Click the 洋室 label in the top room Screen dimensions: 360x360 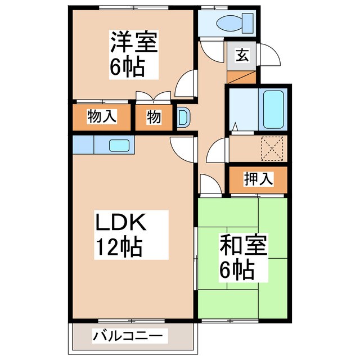[x=133, y=43]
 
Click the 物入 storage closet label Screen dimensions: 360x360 [x=101, y=117]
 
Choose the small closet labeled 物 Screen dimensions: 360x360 [x=154, y=117]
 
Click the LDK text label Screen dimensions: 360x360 [x=120, y=223]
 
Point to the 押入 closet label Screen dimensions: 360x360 [x=258, y=179]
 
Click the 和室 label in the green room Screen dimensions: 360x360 [x=243, y=246]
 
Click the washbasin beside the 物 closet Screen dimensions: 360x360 [x=183, y=116]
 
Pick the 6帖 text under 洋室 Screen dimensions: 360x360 [x=128, y=67]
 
